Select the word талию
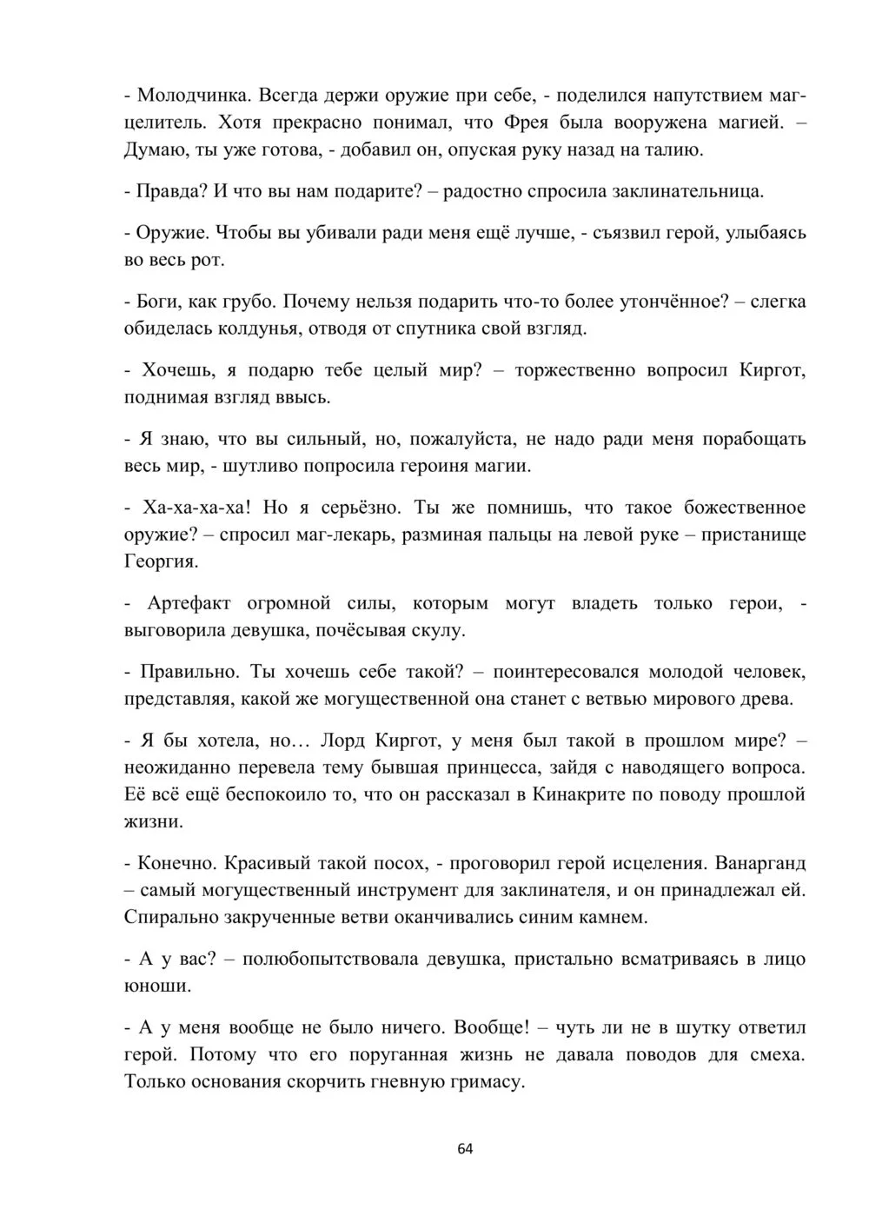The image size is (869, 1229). (x=672, y=149)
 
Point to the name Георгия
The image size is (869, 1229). (x=162, y=561)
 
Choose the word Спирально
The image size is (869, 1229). (x=170, y=917)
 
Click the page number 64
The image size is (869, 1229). (x=465, y=1149)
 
